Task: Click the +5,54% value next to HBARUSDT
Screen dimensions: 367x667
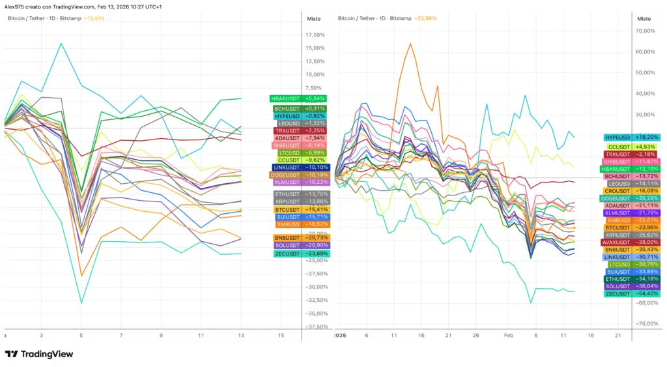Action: point(316,98)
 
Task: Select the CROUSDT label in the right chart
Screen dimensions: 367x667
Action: point(616,191)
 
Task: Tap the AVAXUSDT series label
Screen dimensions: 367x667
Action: point(616,242)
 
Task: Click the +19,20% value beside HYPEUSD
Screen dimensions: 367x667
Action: point(646,138)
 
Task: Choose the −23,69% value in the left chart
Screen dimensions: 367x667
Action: point(316,254)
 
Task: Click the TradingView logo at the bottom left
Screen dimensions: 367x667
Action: point(39,354)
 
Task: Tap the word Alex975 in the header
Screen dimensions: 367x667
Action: point(15,6)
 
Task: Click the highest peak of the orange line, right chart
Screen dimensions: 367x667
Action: point(410,44)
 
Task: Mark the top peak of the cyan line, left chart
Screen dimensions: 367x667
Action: point(61,44)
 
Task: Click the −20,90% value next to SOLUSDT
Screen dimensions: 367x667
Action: point(316,244)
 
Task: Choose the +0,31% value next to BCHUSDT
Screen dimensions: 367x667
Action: point(316,108)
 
